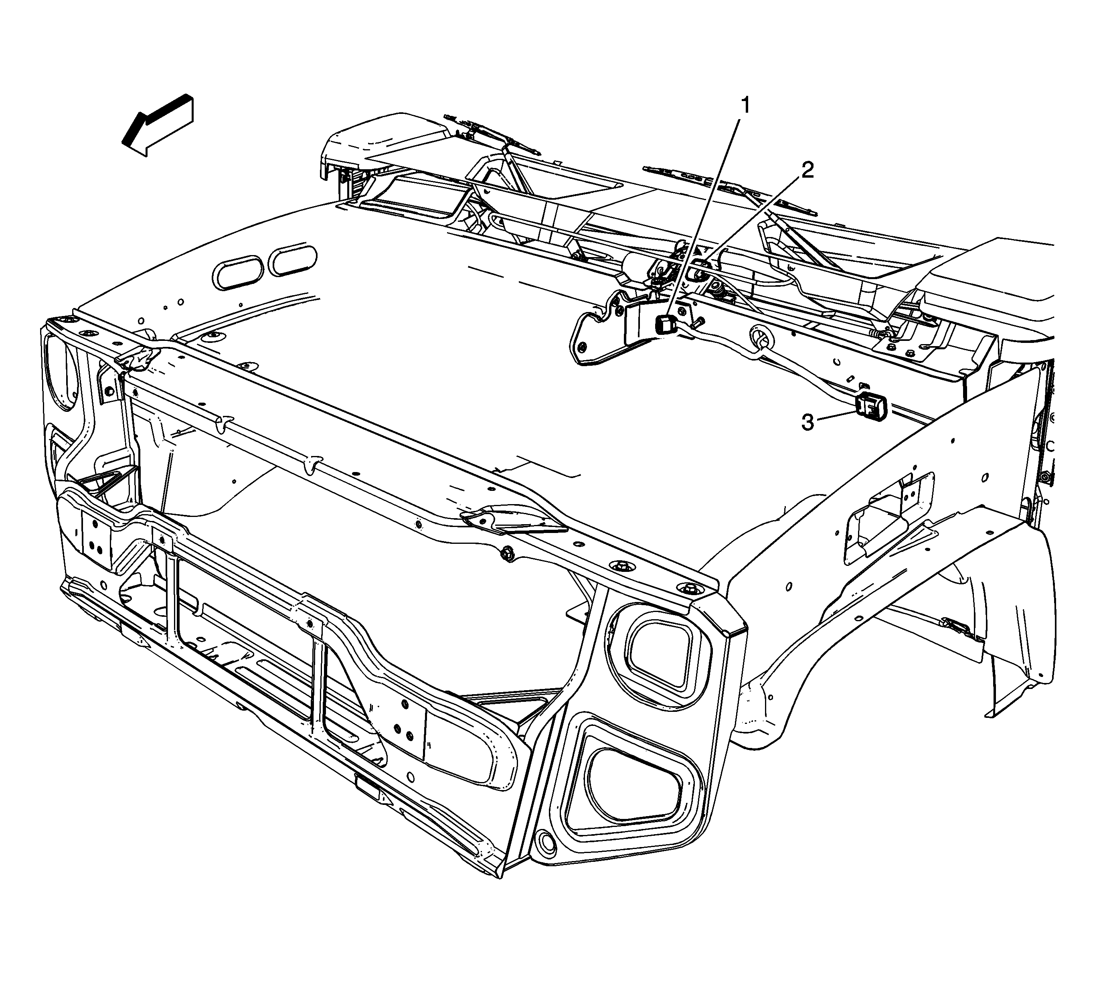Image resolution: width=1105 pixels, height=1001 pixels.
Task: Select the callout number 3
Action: point(808,423)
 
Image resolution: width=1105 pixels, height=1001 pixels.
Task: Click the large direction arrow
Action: point(157,126)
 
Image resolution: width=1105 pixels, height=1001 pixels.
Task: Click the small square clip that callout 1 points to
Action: point(666,326)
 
